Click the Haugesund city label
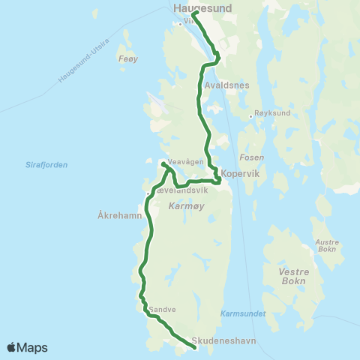(x=202, y=7)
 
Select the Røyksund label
(x=271, y=115)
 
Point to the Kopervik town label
(x=240, y=173)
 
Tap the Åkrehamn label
(x=120, y=214)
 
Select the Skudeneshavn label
(x=224, y=340)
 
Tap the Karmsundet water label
(x=243, y=313)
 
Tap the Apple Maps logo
(x=27, y=347)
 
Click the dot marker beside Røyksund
(x=250, y=116)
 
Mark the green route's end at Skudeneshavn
(x=194, y=346)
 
